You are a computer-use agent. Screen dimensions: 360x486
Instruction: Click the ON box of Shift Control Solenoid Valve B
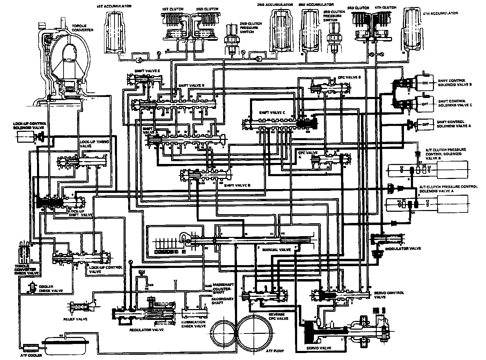(425, 83)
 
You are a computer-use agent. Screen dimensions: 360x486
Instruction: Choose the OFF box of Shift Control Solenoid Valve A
(425, 124)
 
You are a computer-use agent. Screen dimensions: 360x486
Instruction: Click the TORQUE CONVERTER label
(82, 28)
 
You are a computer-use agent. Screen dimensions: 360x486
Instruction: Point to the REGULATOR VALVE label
(147, 329)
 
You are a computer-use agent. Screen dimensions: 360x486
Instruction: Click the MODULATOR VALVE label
(403, 248)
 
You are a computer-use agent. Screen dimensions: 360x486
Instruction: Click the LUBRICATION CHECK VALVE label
(194, 324)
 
